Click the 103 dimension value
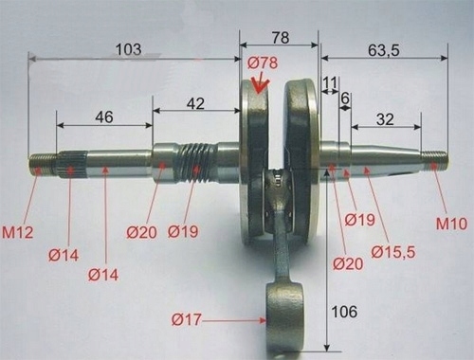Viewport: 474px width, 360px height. [x=129, y=49]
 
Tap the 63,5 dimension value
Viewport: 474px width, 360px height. [x=384, y=50]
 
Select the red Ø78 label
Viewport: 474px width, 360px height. [x=263, y=63]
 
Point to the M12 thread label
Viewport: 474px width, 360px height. [x=17, y=233]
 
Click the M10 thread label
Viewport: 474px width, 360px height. [x=451, y=224]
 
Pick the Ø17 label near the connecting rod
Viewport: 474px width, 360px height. [x=187, y=319]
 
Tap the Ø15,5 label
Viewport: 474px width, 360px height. [x=393, y=252]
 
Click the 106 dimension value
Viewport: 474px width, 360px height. [x=344, y=312]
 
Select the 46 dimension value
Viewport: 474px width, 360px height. [x=104, y=117]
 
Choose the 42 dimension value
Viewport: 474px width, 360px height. [x=195, y=103]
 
